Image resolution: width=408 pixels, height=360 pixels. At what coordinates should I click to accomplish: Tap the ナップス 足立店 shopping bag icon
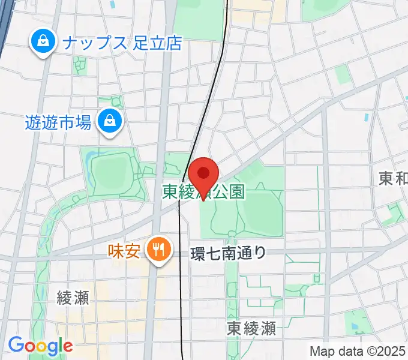43,42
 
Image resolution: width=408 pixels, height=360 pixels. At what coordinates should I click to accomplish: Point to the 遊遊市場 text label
58,123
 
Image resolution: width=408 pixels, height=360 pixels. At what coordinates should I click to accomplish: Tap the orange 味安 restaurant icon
159,249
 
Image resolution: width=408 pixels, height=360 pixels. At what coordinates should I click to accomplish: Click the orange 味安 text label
125,250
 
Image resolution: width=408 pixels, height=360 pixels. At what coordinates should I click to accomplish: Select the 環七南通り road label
228,253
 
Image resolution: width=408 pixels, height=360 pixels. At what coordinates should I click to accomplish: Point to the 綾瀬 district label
73,298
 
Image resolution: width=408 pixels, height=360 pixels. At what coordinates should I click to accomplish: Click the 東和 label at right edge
393,178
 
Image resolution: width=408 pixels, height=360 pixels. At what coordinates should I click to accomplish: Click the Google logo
40,346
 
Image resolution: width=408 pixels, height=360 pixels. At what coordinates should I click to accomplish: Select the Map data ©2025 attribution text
357,350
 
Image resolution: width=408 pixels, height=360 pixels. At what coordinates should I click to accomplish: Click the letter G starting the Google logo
16,345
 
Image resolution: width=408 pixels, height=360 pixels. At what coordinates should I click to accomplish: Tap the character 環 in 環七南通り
197,253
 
